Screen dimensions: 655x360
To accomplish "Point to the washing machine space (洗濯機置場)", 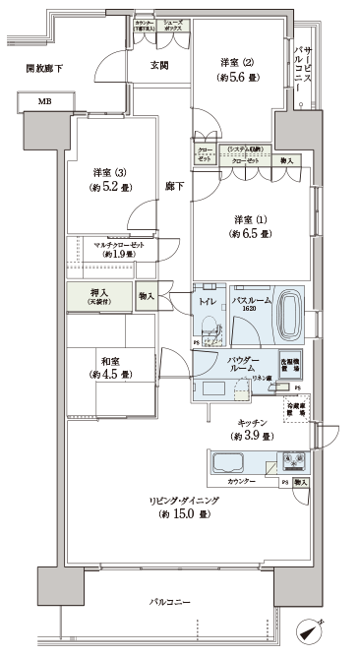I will point(290,362).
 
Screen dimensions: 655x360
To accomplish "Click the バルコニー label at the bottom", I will point(170,599).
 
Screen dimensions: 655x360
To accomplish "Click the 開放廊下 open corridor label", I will point(43,68).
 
